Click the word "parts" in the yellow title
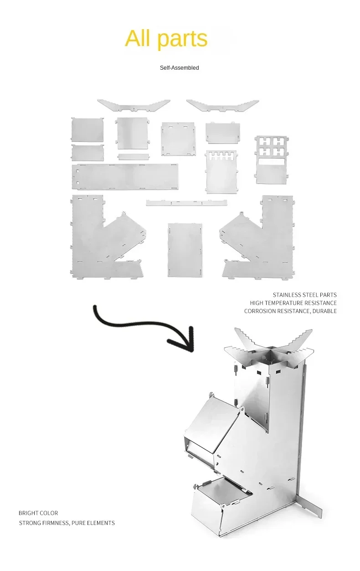pyautogui.click(x=182, y=39)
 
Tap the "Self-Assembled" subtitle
pyautogui.click(x=179, y=68)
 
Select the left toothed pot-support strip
pyautogui.click(x=133, y=105)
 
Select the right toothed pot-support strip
pyautogui.click(x=222, y=105)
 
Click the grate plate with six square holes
pyautogui.click(x=271, y=159)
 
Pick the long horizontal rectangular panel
pyautogui.click(x=124, y=176)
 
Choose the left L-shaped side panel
pyautogui.click(x=93, y=237)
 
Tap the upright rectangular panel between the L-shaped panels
pyautogui.click(x=185, y=250)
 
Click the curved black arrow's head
pyautogui.click(x=185, y=340)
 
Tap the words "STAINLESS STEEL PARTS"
pyautogui.click(x=304, y=295)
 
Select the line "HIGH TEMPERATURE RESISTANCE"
pyautogui.click(x=293, y=303)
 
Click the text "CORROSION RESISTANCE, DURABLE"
pyautogui.click(x=290, y=311)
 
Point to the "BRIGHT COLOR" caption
pyautogui.click(x=38, y=513)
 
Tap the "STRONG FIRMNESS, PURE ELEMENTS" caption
pyautogui.click(x=67, y=523)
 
